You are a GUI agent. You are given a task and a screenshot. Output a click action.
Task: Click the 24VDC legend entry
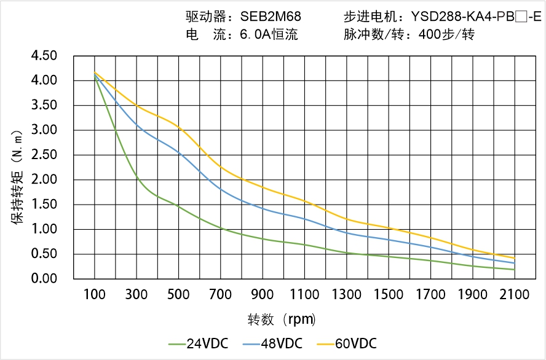[199, 343]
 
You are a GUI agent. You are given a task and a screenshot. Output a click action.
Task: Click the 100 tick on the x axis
[95, 295]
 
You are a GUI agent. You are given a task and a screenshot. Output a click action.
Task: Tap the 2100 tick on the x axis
[515, 295]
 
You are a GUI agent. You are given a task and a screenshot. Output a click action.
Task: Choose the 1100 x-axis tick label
[304, 295]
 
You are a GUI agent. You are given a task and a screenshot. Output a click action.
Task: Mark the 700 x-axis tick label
[221, 295]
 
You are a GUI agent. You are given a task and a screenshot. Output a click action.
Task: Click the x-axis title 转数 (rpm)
[282, 319]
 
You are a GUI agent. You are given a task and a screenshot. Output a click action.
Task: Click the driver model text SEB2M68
[270, 17]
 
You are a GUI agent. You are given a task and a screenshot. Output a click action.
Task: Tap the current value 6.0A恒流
[269, 35]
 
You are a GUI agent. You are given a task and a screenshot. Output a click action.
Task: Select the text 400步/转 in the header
[446, 35]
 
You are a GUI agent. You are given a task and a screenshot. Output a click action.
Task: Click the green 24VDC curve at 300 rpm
[136, 178]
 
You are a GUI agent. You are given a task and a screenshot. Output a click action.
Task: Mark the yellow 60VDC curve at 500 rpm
[179, 128]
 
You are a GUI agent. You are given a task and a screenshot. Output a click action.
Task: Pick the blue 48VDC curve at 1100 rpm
[304, 218]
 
